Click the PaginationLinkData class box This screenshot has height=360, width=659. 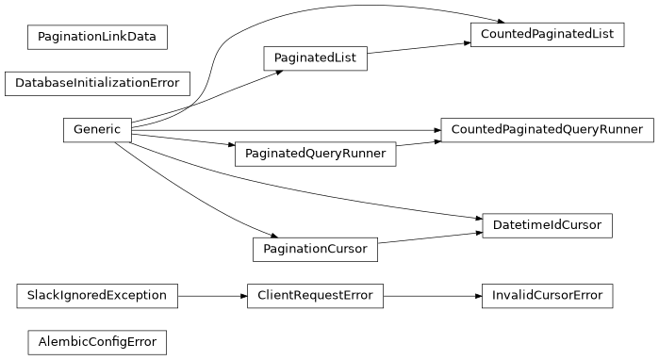97,38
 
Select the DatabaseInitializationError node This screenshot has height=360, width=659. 97,83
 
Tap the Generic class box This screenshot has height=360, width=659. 97,130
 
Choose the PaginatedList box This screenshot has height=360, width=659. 315,58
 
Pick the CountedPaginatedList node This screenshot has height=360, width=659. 547,35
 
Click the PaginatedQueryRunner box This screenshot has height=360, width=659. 315,154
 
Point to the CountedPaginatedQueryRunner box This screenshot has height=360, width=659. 547,129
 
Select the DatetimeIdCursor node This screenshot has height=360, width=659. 547,225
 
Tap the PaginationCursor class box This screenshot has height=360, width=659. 315,250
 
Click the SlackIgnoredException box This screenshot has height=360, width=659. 97,296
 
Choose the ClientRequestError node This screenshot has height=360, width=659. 315,296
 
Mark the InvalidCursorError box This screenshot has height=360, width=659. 547,296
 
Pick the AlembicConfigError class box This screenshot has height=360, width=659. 97,341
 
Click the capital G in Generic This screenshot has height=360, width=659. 77,130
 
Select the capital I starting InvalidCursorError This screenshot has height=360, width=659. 494,296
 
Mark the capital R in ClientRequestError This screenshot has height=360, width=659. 300,296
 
